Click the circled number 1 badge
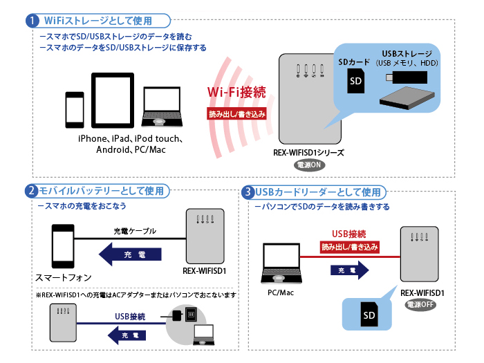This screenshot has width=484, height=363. (x=32, y=21)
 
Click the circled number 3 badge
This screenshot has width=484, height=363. (x=248, y=191)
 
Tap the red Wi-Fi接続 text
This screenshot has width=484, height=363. (x=236, y=92)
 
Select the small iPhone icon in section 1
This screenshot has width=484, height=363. (x=74, y=110)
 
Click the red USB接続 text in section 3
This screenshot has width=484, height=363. (x=349, y=234)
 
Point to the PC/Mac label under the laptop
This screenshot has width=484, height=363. (x=281, y=292)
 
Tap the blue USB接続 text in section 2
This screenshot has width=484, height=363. (x=129, y=317)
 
